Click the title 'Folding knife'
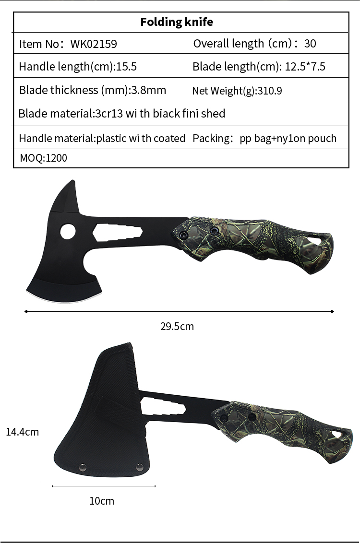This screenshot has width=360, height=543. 177,22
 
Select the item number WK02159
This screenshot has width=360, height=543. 94,44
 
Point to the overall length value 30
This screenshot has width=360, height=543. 310,44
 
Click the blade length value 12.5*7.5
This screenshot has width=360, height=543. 305,67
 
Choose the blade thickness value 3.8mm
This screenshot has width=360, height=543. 148,90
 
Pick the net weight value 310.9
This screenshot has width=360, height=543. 270,91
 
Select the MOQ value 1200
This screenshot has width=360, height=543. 57,158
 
